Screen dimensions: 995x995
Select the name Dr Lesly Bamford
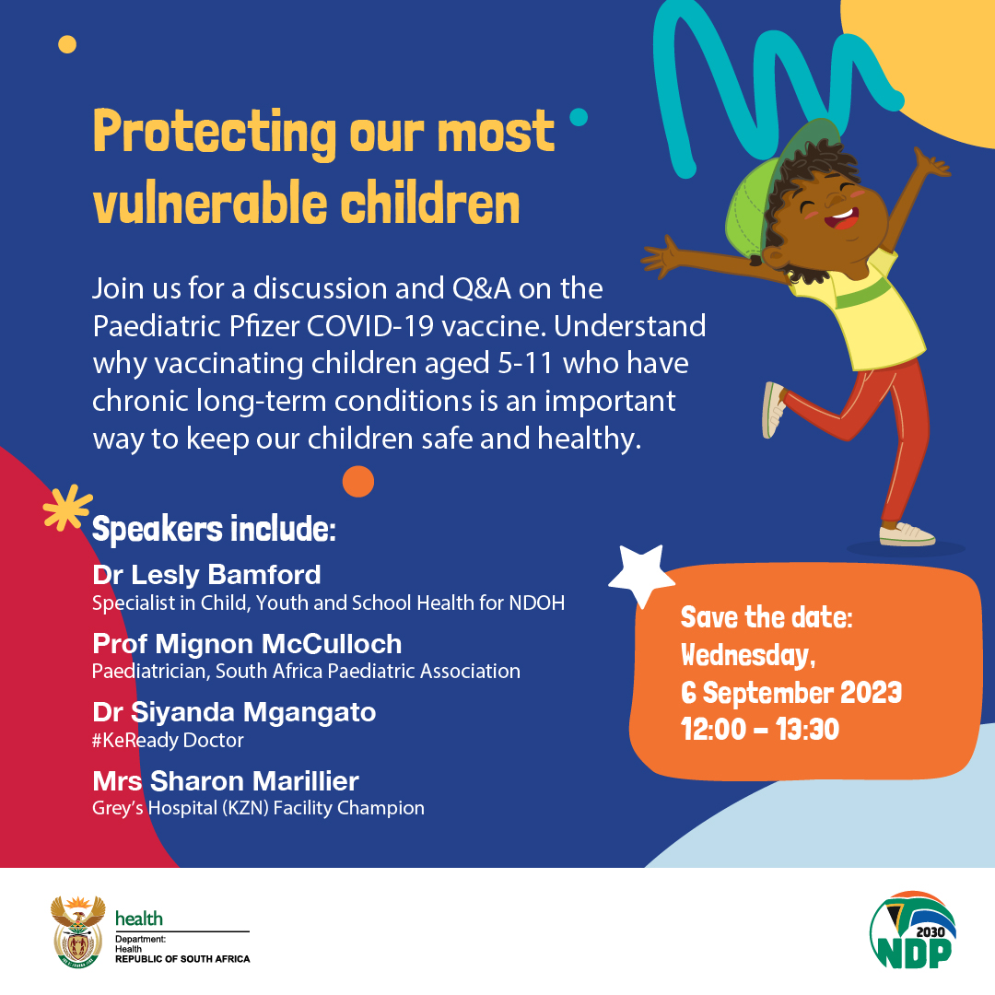tap(206, 575)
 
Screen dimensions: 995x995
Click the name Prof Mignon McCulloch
tap(247, 643)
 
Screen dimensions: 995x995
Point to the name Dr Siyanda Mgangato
tap(234, 712)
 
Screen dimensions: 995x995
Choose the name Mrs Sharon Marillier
tap(226, 781)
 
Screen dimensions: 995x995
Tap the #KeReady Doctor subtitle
tap(168, 740)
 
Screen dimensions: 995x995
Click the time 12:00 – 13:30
tap(760, 729)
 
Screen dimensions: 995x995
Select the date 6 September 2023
tap(790, 692)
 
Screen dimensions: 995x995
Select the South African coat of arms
tap(77, 930)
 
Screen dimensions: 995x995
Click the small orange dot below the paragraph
tap(357, 481)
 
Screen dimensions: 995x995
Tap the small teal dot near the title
tap(579, 117)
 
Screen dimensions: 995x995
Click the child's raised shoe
tap(773, 410)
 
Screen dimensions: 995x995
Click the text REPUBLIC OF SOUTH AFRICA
tap(182, 959)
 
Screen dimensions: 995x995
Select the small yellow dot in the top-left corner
tap(66, 43)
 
